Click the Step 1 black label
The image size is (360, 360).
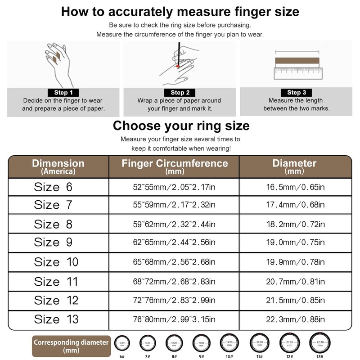pos(63,93)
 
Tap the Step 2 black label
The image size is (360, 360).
pos(180,93)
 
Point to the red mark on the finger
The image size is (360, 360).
pos(178,66)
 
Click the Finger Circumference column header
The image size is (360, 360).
pos(175,166)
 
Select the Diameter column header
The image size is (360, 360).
pos(295,166)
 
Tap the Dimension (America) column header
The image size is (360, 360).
pos(58,166)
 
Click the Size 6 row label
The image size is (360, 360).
pos(53,187)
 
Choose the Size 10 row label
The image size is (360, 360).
pos(56,262)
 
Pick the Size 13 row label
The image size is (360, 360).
pos(56,319)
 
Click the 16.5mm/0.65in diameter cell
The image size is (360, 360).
pos(295,187)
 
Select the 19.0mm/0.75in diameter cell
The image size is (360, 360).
pos(295,243)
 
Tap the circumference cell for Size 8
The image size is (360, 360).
pos(175,224)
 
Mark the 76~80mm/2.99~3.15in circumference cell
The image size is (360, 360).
pos(175,319)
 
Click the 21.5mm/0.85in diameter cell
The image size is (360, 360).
pos(295,300)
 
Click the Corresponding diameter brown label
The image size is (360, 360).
pos(71,346)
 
